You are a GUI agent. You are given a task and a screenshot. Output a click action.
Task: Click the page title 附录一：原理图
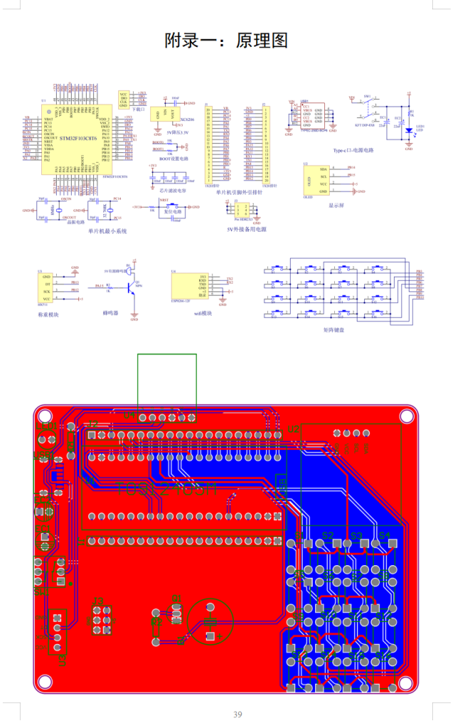point(226,41)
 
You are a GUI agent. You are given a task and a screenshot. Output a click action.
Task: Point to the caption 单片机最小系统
point(107,231)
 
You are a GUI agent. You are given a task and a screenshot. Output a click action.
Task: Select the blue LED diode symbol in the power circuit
point(408,131)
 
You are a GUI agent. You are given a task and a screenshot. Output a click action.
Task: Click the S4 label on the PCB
point(384,535)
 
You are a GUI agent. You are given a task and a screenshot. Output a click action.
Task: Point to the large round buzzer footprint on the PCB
point(210,621)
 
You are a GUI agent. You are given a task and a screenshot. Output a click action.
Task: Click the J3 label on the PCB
point(98,601)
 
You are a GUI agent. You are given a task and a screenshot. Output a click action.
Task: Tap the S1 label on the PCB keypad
point(299,535)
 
